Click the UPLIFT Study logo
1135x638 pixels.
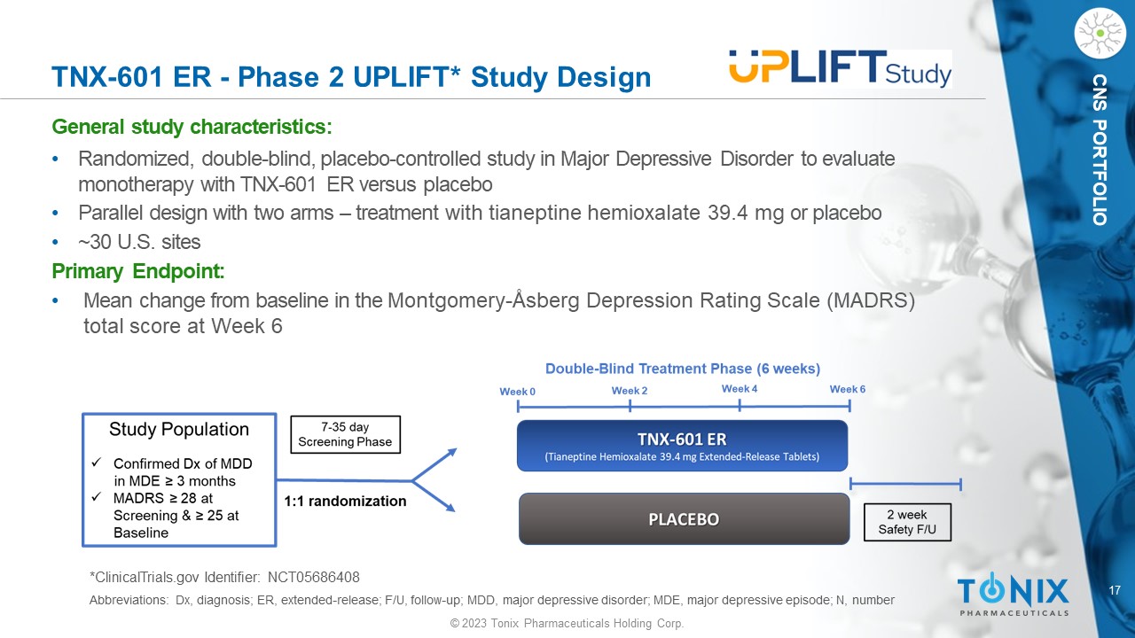(840, 69)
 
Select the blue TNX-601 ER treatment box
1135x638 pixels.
(682, 446)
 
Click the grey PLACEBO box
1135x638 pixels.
(684, 519)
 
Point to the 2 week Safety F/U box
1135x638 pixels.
(907, 522)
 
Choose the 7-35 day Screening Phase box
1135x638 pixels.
(345, 434)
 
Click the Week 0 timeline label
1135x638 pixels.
(517, 392)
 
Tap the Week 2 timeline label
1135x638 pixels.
(630, 391)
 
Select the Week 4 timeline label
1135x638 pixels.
(740, 388)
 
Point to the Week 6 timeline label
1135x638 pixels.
(847, 389)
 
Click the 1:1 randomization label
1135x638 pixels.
(345, 501)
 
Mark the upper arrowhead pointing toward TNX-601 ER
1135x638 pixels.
(451, 452)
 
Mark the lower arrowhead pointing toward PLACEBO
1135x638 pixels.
(450, 508)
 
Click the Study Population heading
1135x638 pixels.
(179, 429)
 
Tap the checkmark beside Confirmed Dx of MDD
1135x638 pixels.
(97, 463)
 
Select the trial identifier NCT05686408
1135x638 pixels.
(314, 577)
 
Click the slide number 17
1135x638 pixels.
(1115, 590)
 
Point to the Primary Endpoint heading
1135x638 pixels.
(138, 271)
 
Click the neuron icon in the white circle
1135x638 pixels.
(1100, 33)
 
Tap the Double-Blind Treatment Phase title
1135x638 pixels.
(683, 369)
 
